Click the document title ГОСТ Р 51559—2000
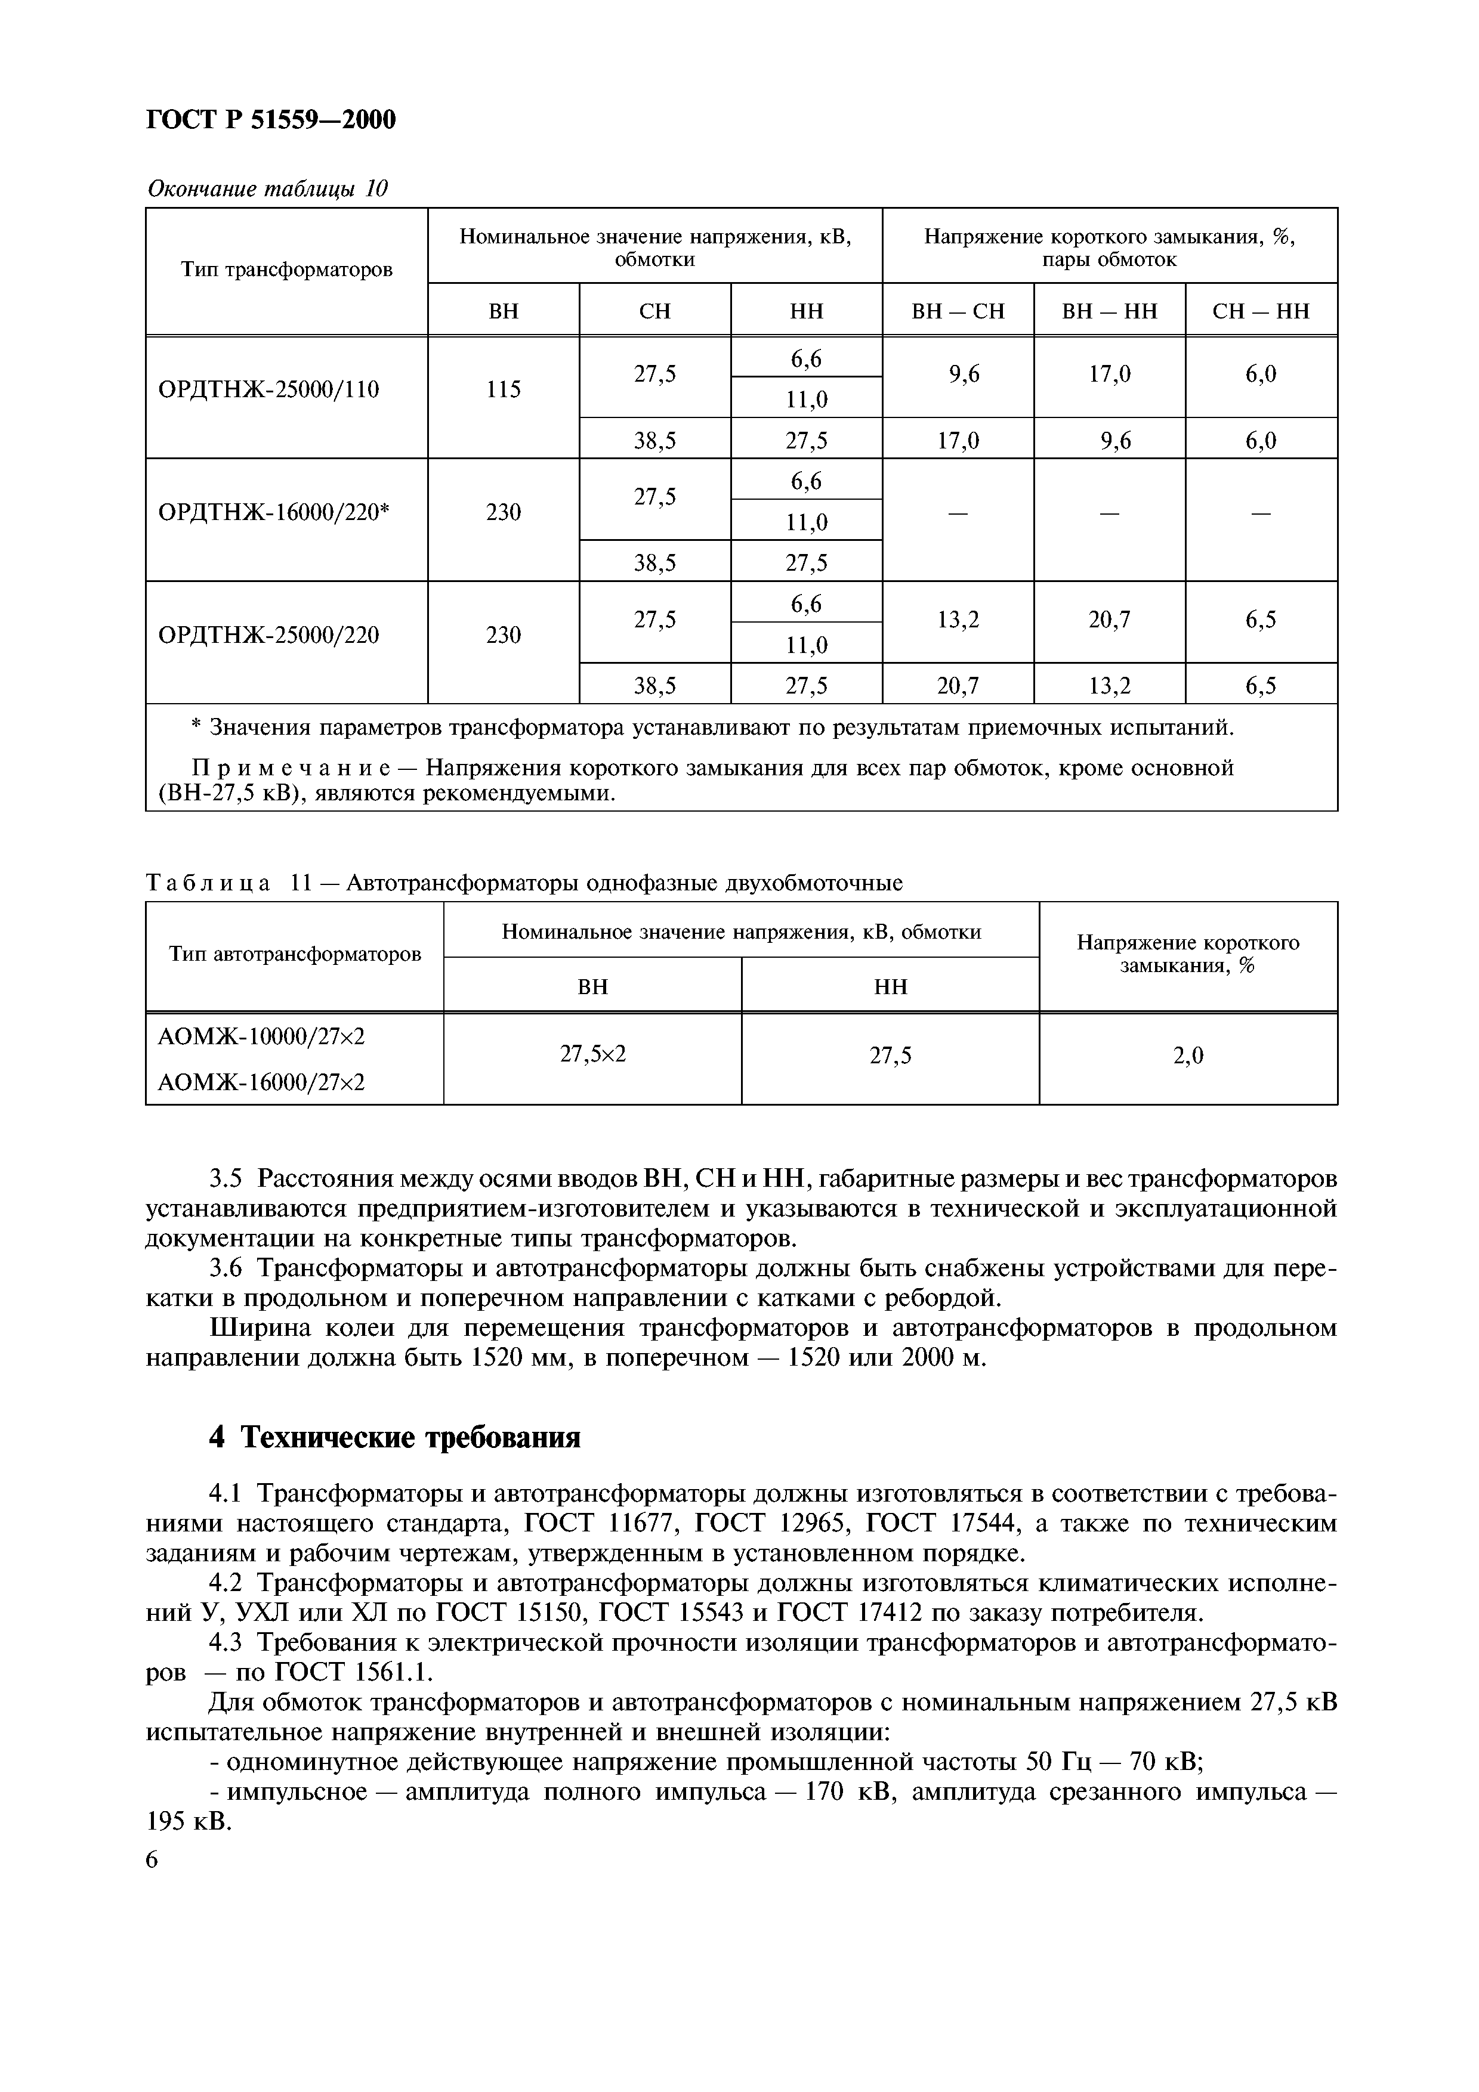271,119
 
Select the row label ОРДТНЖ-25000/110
269,390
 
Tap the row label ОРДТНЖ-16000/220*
273,513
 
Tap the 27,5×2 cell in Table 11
592,1055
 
